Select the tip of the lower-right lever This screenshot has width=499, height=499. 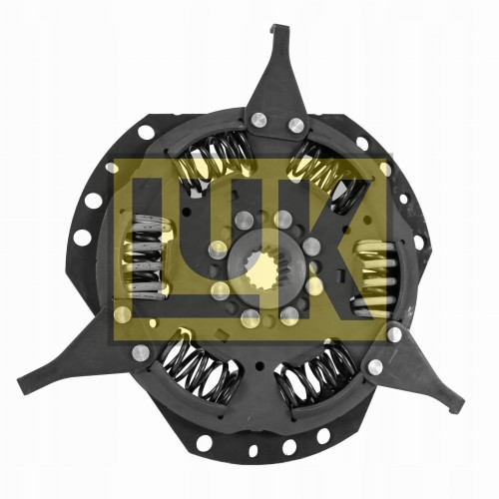pyautogui.click(x=458, y=406)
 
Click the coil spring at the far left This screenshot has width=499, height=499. pyautogui.click(x=148, y=256)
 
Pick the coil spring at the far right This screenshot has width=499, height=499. pyautogui.click(x=375, y=278)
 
